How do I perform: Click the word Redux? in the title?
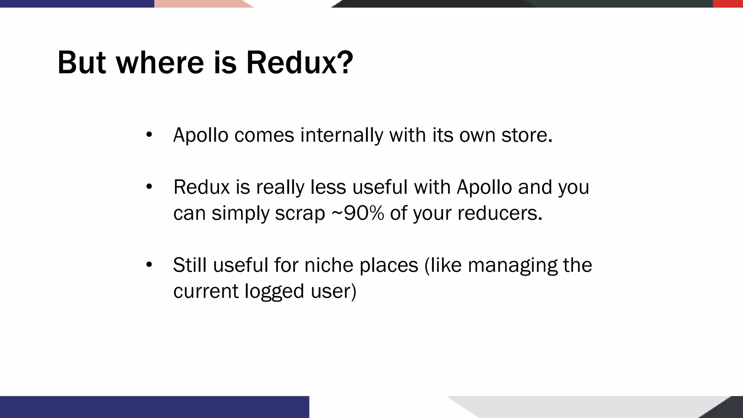tap(299, 62)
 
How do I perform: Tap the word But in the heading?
tap(82, 62)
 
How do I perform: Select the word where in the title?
tap(160, 62)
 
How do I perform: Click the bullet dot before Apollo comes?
tap(149, 135)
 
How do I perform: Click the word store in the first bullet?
tap(526, 135)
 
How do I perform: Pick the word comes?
tap(264, 135)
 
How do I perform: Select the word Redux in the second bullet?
tap(201, 187)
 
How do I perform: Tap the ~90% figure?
tap(357, 213)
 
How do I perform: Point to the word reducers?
tap(499, 213)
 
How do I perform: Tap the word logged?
tap(274, 291)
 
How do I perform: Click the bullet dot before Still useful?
tap(149, 265)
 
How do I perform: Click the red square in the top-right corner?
tap(728, 4)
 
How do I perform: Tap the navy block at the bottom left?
tap(154, 407)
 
